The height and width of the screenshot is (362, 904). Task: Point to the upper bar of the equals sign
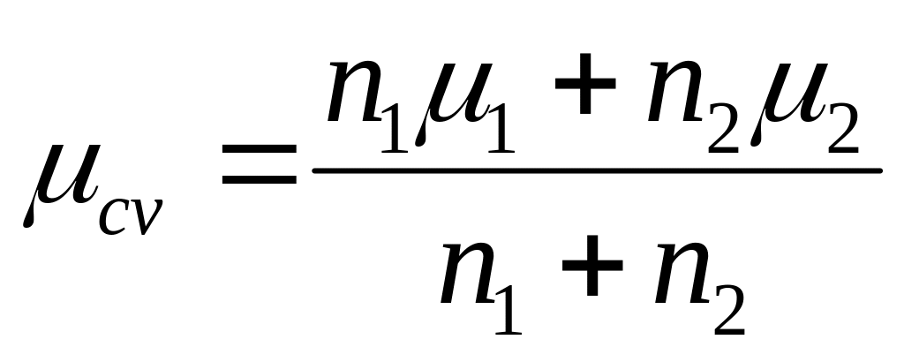(260, 155)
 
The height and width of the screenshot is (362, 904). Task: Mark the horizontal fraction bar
(597, 170)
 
